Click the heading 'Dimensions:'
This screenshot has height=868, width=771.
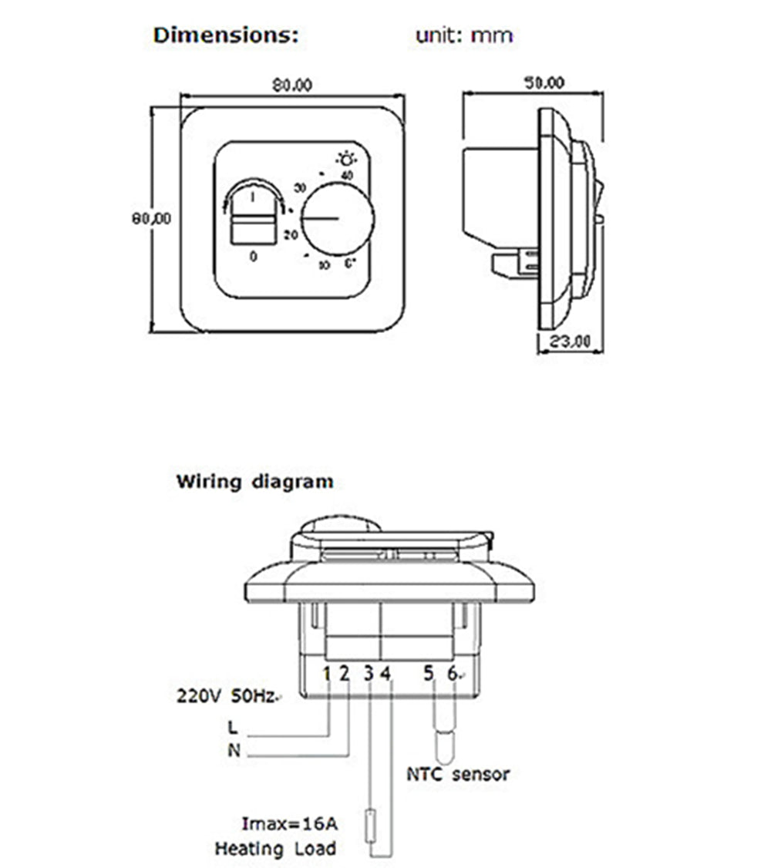click(x=225, y=35)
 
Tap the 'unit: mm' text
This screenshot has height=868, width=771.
click(x=464, y=35)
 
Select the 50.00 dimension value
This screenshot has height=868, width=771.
click(x=544, y=82)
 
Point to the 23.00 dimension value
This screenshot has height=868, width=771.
click(x=571, y=340)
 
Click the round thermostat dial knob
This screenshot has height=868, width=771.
click(x=338, y=217)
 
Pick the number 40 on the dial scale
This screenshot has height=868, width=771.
click(x=347, y=176)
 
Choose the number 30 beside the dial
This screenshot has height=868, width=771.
click(x=301, y=187)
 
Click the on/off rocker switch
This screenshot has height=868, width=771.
click(x=254, y=214)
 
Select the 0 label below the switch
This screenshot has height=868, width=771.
click(x=254, y=257)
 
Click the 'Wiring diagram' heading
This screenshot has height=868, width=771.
click(x=255, y=483)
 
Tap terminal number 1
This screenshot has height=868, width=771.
click(x=326, y=675)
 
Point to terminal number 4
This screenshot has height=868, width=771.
click(x=385, y=675)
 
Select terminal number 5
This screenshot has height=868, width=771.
click(x=429, y=675)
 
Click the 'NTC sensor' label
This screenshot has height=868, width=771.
click(x=458, y=774)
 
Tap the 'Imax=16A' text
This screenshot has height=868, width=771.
click(x=288, y=825)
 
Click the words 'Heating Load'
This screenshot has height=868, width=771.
click(x=275, y=849)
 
